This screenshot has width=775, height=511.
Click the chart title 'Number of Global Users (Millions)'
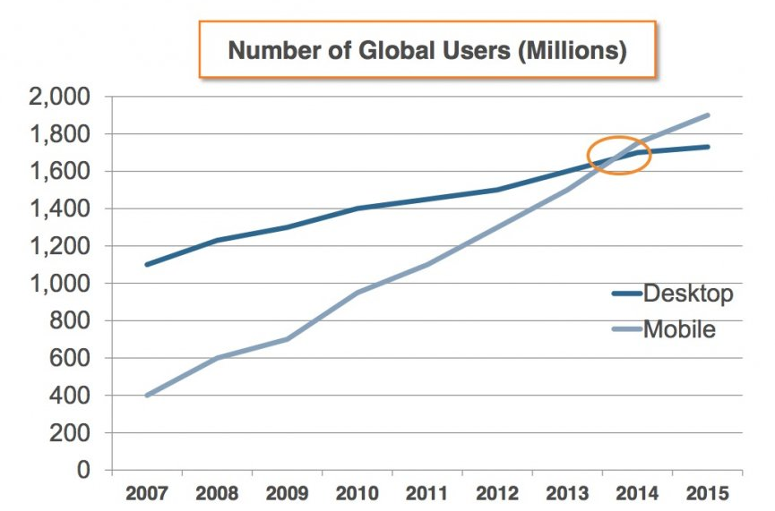426,49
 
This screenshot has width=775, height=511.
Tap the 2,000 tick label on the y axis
61,97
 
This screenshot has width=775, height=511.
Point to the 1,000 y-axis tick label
61,284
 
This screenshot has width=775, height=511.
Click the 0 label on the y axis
82,470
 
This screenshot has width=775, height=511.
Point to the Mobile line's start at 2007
146,395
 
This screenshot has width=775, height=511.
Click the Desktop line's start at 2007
146,265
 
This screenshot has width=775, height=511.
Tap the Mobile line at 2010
357,293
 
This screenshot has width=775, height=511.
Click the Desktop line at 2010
357,209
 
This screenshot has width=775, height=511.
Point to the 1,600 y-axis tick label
61,172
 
